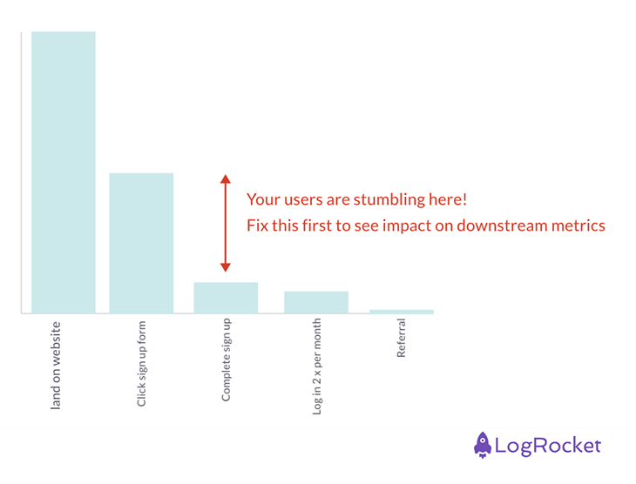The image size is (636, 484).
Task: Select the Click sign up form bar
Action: pyautogui.click(x=141, y=243)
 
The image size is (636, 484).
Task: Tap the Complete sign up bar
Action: pyautogui.click(x=226, y=298)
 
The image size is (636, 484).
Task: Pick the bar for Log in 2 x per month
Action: pyautogui.click(x=316, y=302)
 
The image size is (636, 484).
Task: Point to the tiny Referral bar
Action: pyautogui.click(x=401, y=311)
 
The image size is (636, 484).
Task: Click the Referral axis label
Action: pyautogui.click(x=402, y=339)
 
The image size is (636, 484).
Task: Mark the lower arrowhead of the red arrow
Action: pyautogui.click(x=225, y=266)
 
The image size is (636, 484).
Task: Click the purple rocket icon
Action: pyautogui.click(x=483, y=445)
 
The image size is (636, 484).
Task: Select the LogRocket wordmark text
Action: pyautogui.click(x=548, y=446)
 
